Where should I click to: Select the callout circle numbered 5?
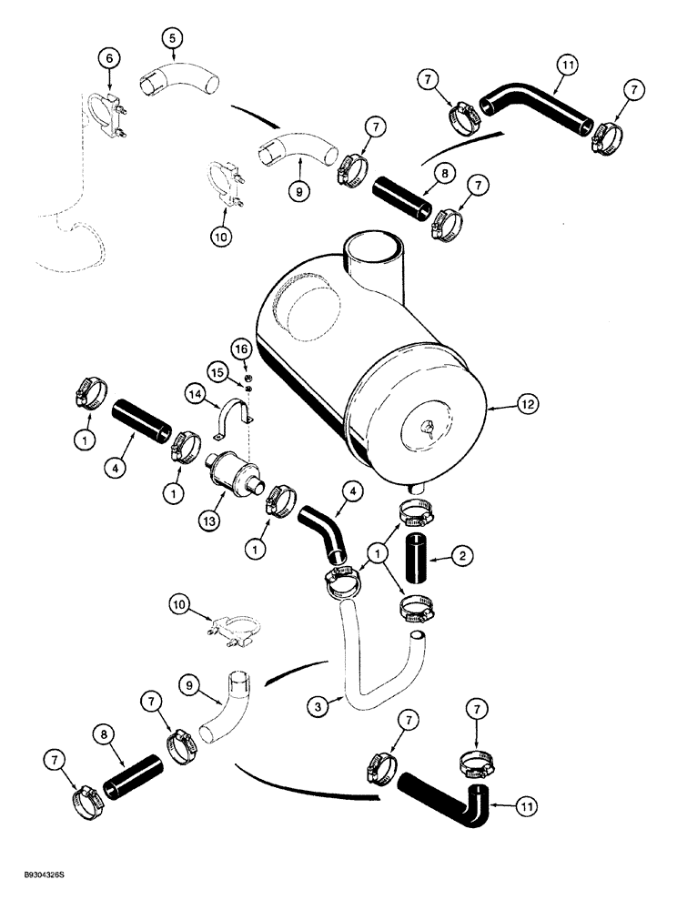click(x=172, y=38)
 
